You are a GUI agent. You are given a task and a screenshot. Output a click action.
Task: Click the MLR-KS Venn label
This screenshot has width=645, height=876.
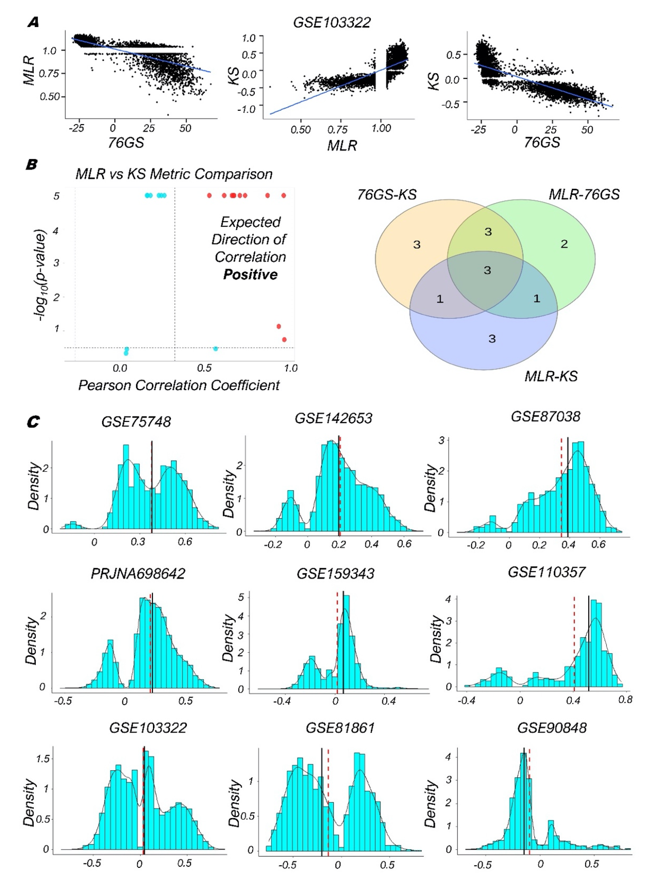click(551, 376)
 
